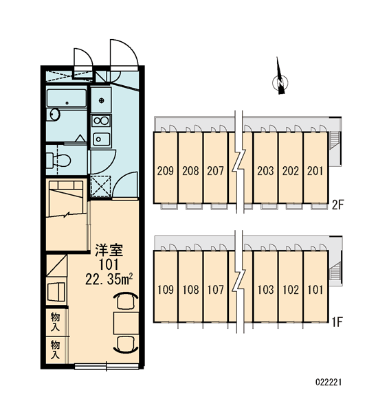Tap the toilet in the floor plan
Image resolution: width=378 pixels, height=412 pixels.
58,159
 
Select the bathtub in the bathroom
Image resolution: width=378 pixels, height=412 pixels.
67,98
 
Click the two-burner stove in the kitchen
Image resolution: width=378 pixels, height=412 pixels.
101,121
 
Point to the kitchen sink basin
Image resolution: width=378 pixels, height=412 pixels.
101,139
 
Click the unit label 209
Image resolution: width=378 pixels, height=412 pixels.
166,171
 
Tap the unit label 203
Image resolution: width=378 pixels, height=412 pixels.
265,171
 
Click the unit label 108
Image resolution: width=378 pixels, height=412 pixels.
190,290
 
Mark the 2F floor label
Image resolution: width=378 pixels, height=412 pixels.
337,205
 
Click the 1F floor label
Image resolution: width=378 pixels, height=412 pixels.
337,322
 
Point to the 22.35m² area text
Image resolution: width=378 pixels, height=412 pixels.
109,280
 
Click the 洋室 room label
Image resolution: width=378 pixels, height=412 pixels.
109,250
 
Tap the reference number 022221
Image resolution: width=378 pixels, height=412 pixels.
329,382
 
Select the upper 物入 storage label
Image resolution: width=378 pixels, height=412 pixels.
55,322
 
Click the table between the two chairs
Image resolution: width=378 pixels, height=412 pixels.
126,323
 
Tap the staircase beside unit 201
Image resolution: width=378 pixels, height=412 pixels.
334,141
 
